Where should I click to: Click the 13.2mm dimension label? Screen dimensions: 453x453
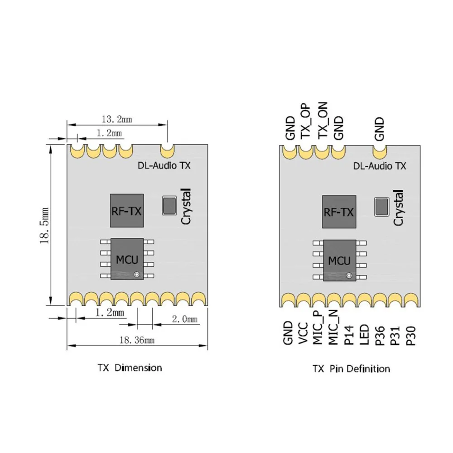(116, 120)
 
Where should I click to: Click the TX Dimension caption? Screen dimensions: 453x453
(129, 367)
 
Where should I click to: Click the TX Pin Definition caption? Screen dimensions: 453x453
(351, 368)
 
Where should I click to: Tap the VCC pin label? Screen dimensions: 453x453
(303, 333)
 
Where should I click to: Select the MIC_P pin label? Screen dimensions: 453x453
(318, 330)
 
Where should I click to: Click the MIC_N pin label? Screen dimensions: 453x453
(334, 330)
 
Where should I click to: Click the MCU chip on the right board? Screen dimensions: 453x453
(339, 259)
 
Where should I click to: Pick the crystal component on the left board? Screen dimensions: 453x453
(170, 204)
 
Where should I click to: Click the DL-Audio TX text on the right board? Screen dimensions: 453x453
(379, 166)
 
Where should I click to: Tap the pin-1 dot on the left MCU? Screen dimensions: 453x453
(136, 274)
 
